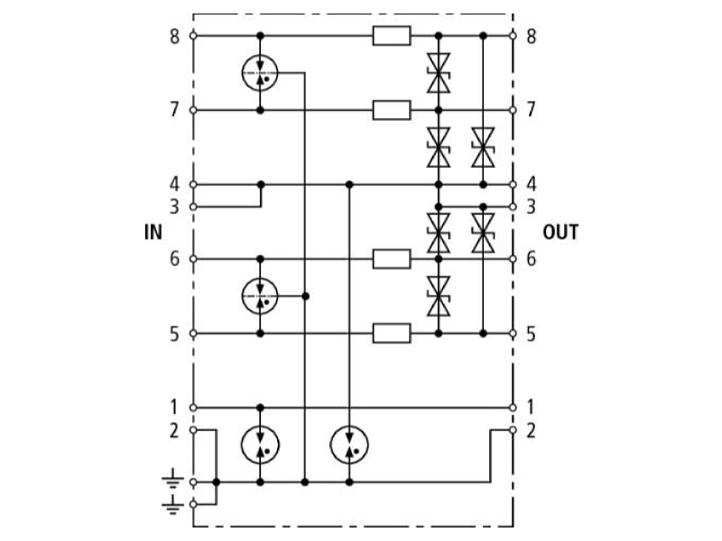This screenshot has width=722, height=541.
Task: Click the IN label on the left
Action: pos(153,232)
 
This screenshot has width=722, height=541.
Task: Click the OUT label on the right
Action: pos(560,232)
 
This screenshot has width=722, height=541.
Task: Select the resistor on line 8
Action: pos(392,35)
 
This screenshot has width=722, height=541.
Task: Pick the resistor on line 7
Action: pos(392,110)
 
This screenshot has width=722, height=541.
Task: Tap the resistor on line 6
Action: pos(392,259)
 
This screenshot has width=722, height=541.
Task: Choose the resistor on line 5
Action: pos(392,334)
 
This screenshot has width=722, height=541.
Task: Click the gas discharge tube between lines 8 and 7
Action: pos(260,73)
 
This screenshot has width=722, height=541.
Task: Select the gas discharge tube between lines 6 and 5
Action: pos(260,297)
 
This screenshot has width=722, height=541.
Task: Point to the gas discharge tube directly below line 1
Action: pos(260,445)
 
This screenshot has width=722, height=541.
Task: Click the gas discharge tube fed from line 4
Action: pos(349,445)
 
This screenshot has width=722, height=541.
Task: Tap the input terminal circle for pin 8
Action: pos(193,35)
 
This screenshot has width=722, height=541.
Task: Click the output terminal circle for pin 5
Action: pos(513,334)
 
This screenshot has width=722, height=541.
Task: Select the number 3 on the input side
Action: pos(174,207)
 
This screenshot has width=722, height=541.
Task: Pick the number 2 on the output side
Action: pos(531,431)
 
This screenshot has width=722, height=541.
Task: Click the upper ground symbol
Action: pos(172,479)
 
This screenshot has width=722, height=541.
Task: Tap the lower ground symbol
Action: pos(172,505)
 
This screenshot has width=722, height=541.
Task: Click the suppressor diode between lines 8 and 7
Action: pos(439,73)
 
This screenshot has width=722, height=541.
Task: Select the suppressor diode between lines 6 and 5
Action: pos(439,297)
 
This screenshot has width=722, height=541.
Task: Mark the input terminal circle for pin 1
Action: pos(193,408)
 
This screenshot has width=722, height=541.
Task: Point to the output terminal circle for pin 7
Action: pos(513,110)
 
